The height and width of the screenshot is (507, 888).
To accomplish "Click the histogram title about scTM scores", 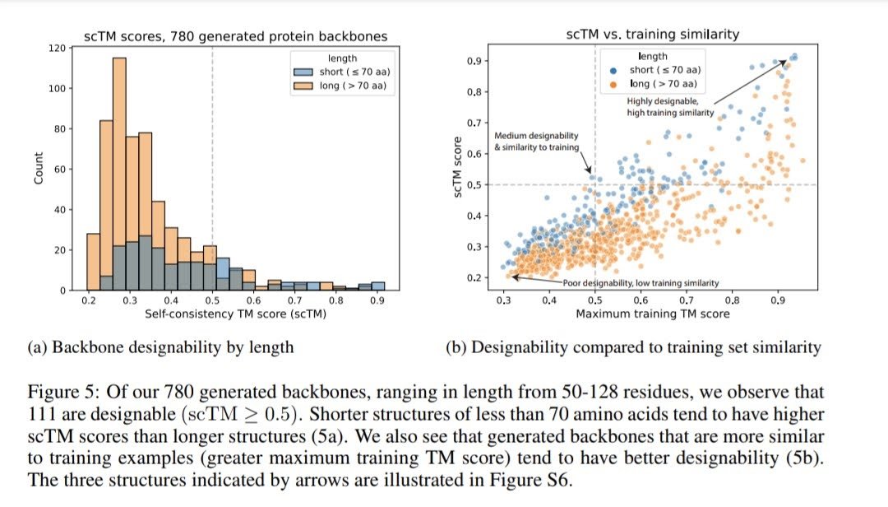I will pos(236,36).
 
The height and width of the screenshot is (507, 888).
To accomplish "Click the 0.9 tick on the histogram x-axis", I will pos(377,303).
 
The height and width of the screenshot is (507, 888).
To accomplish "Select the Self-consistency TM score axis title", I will pos(237,315).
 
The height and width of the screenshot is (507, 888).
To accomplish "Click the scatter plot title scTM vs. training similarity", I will pos(652,35).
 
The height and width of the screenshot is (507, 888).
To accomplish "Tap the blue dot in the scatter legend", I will pos(613,71).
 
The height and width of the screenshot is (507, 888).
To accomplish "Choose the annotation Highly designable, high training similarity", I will pos(669,106).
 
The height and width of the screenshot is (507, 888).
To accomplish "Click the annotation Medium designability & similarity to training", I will pos(536,141).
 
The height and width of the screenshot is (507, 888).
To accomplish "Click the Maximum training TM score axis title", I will pos(652,314).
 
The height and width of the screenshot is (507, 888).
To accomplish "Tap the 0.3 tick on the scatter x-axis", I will pos(503,301).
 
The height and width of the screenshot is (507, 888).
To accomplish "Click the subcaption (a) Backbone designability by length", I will pos(160,347).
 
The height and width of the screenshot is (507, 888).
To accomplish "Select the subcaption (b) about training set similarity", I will pos(632,347).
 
